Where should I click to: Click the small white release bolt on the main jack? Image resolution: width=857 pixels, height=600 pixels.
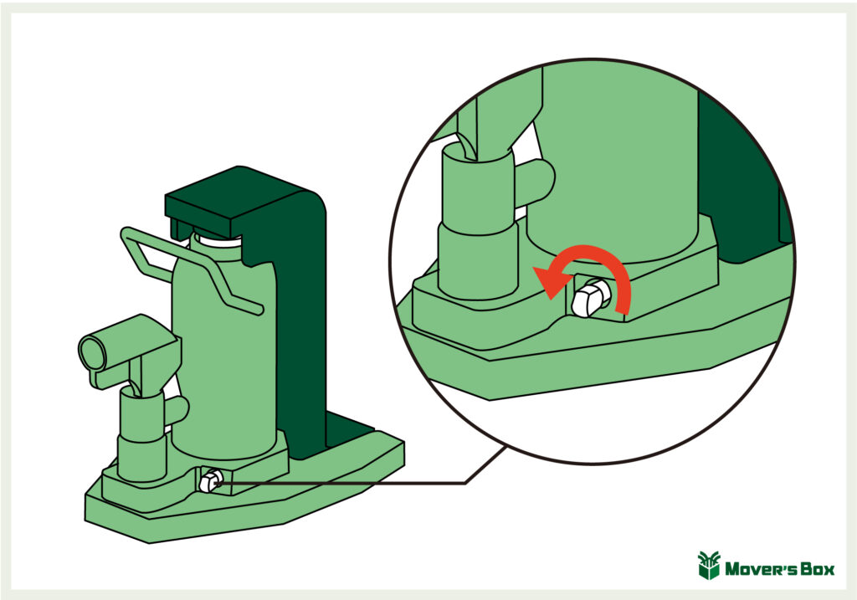pyautogui.click(x=210, y=481)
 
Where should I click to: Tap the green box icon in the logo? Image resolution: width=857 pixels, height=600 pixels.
pyautogui.click(x=709, y=566)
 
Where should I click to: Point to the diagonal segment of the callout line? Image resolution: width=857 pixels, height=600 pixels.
pyautogui.click(x=486, y=465)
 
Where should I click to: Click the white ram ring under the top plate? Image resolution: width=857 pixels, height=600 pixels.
pyautogui.click(x=217, y=239)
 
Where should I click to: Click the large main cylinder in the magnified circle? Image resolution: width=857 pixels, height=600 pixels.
pyautogui.click(x=612, y=164)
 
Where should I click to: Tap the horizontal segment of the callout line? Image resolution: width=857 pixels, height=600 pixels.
pyautogui.click(x=341, y=483)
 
